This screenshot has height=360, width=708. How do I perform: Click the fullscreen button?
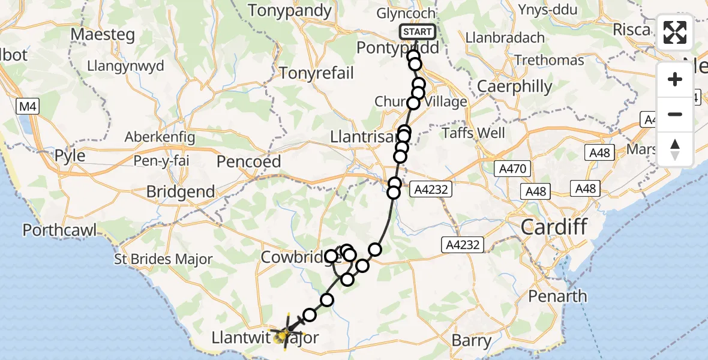[675, 32]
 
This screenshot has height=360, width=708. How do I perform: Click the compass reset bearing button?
[675, 149]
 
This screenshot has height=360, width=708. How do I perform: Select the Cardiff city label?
[553, 227]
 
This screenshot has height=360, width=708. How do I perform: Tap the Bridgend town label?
[181, 192]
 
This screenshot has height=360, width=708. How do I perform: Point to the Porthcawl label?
[60, 230]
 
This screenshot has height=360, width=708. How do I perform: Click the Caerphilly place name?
[514, 86]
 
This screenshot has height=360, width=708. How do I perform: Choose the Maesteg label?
[101, 34]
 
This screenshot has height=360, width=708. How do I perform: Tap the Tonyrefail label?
[317, 73]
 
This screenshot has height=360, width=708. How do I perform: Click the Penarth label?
[558, 296]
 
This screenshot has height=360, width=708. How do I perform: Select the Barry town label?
[471, 341]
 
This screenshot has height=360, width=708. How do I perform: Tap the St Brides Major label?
[163, 260]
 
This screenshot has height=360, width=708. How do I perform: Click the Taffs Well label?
[473, 133]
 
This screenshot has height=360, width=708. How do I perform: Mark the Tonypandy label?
[290, 11]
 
